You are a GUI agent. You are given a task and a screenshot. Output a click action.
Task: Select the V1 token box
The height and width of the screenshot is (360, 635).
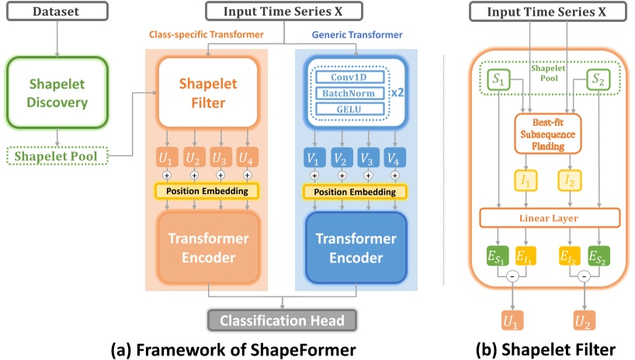(x=314, y=157)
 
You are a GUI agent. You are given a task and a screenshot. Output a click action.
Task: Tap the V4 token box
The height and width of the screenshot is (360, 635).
(x=394, y=157)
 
